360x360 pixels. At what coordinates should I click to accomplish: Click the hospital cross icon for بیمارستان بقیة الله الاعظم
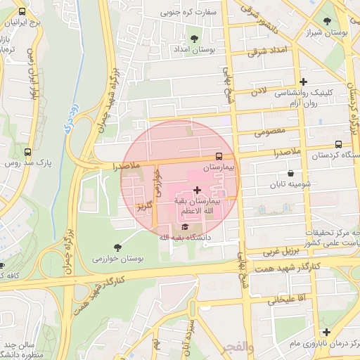(x=196, y=190)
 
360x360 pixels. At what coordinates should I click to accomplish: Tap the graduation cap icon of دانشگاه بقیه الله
(x=185, y=226)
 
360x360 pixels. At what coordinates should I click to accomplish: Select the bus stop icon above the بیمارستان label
(x=219, y=156)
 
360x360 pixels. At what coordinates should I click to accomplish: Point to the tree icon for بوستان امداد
(x=194, y=38)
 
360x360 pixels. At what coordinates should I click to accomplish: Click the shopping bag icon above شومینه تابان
(x=290, y=174)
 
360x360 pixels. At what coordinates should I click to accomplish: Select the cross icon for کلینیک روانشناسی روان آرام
(x=303, y=82)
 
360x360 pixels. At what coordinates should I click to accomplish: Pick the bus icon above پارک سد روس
(x=28, y=152)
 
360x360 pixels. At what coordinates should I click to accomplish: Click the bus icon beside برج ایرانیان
(x=22, y=12)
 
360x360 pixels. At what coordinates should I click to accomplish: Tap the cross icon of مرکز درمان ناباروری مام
(x=326, y=332)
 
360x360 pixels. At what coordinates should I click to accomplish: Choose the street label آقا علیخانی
(x=285, y=300)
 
